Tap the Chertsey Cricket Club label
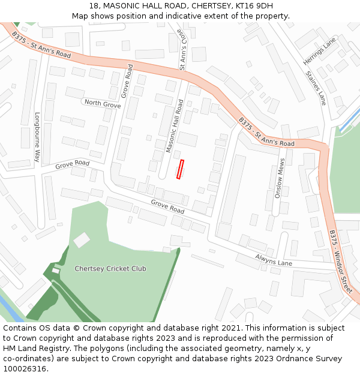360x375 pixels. coord(110,269)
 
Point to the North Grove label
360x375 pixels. coord(103,104)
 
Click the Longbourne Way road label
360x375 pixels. coord(37,137)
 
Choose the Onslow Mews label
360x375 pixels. coord(280,178)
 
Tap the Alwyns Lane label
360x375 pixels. coord(272,260)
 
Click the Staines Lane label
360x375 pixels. coord(316,88)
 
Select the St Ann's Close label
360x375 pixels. coord(183,50)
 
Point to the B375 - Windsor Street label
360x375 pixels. coord(340,262)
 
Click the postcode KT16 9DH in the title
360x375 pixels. coord(254,6)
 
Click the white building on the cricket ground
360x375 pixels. coord(82,240)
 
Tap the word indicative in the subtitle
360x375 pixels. coord(174,16)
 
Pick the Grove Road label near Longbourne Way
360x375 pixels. coord(72,164)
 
